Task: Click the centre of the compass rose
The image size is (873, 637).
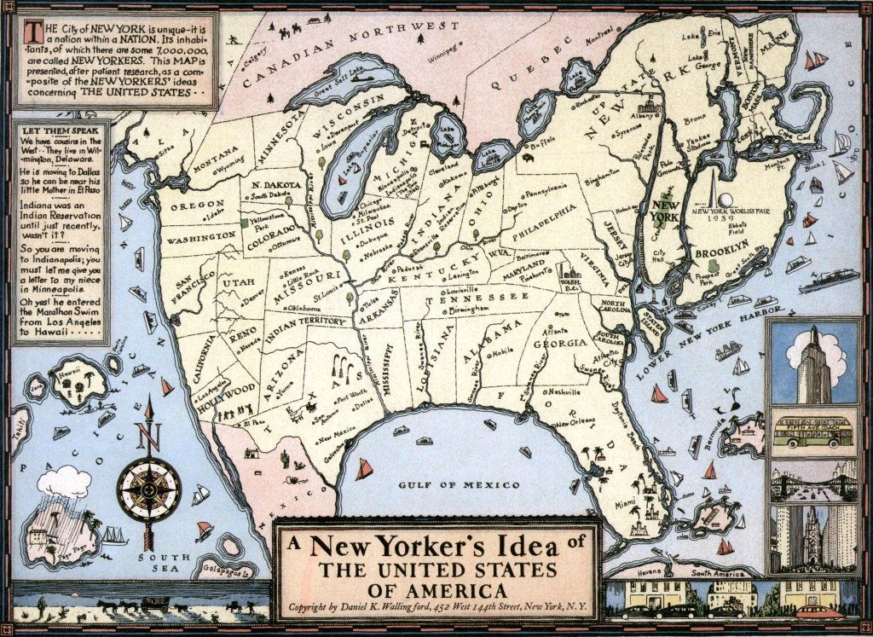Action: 148,490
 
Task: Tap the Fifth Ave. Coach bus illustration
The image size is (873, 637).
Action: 812,431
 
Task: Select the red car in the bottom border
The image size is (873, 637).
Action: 818,611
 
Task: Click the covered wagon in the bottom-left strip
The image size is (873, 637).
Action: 155,604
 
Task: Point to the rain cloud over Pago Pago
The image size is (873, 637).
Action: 63,483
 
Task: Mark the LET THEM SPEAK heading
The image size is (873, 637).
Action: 59,129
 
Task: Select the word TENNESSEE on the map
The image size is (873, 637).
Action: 477,297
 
